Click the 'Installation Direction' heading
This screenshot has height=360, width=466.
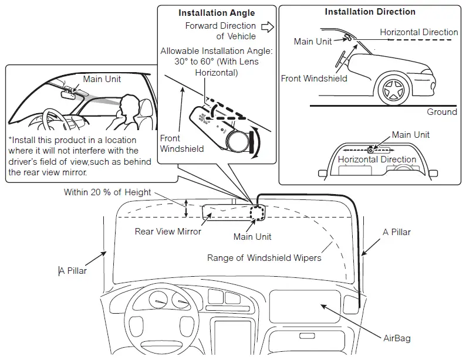tap(370, 12)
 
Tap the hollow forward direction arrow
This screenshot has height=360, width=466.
tap(268, 26)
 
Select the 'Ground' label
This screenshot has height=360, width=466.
tap(441, 112)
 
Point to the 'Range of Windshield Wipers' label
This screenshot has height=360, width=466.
tap(264, 258)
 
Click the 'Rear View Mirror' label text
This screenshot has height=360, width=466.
tap(168, 232)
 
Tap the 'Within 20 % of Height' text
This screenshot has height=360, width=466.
tap(107, 192)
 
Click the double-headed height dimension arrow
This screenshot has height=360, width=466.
tap(187, 208)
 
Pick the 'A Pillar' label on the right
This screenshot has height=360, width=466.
tap(397, 232)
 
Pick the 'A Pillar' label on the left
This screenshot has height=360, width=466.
tap(73, 271)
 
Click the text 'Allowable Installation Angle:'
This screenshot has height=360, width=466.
tap(217, 51)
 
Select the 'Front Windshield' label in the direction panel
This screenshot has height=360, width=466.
tap(314, 79)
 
